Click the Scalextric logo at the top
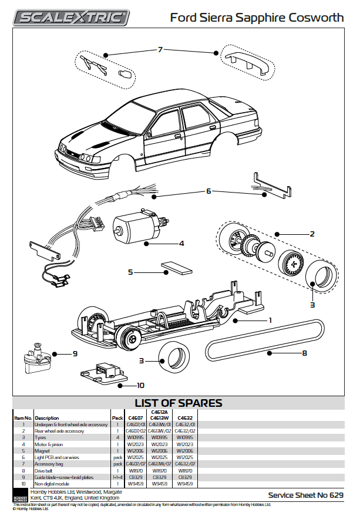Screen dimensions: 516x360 (x=70, y=17)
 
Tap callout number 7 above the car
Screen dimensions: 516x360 (x=159, y=49)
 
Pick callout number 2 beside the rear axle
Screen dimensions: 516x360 (x=312, y=234)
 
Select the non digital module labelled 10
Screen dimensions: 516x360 (x=102, y=371)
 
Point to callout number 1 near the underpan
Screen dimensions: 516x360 (x=270, y=321)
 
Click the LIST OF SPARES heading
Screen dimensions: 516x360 (x=179, y=403)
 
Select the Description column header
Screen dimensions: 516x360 (x=47, y=418)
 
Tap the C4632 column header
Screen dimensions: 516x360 (x=184, y=418)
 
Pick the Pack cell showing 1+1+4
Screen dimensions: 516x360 (x=118, y=477)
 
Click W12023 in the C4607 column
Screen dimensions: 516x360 (x=135, y=444)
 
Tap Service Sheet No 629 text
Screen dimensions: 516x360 (x=305, y=495)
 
